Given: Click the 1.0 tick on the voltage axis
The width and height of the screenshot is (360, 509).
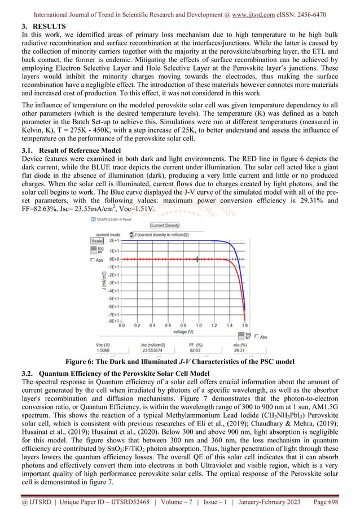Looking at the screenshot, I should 198,326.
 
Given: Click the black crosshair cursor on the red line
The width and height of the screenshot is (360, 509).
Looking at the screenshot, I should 197,260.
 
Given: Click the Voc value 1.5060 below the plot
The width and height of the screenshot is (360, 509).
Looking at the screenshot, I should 102,349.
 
